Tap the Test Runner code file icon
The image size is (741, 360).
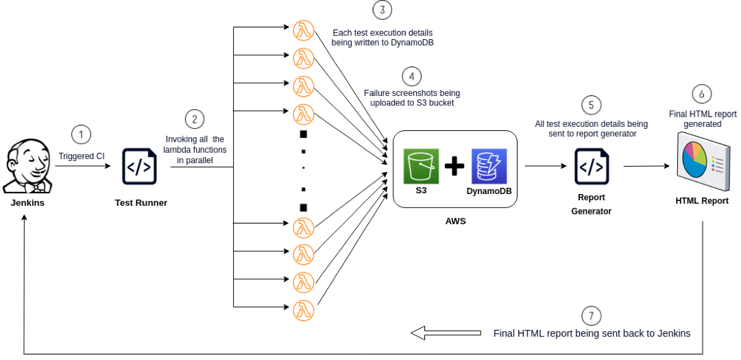[140, 167]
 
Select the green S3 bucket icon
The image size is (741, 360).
[421, 167]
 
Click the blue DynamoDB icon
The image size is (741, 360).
[489, 167]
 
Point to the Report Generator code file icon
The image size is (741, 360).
[592, 167]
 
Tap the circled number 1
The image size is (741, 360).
[81, 135]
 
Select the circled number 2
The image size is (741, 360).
[195, 119]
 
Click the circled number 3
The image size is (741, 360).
[382, 10]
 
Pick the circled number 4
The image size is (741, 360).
[411, 76]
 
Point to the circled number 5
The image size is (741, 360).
[591, 106]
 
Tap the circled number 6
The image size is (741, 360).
[701, 94]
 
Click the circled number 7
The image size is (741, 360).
[592, 315]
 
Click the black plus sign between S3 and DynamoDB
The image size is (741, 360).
[454, 167]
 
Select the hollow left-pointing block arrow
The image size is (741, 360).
[446, 333]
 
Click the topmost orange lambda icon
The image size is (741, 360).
[304, 30]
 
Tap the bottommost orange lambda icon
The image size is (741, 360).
[304, 311]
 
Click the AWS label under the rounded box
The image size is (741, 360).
[456, 221]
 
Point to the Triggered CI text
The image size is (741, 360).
[82, 156]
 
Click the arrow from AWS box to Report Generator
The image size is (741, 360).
[546, 166]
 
